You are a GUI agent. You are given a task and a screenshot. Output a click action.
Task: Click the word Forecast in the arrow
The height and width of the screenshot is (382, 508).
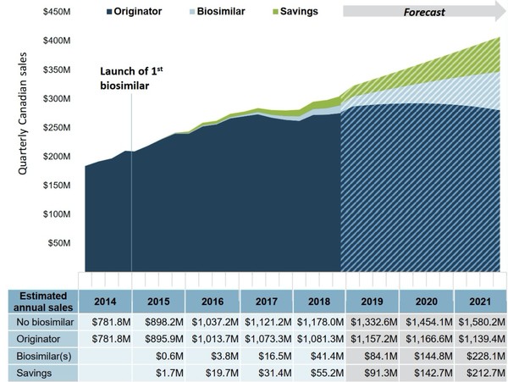click(423, 13)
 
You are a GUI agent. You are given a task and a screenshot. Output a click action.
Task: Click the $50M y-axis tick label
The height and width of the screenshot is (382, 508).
click(58, 243)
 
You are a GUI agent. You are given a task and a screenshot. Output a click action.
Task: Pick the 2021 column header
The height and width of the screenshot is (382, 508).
click(480, 301)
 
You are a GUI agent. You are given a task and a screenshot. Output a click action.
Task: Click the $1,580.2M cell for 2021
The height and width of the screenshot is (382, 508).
click(480, 321)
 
